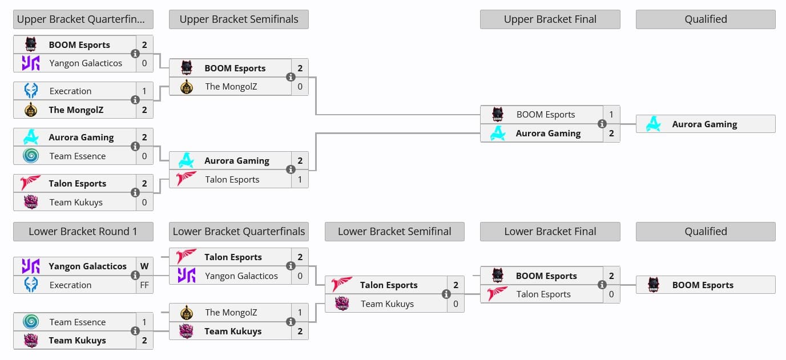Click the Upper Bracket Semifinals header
pos(239,19)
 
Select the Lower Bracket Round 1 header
pos(83,232)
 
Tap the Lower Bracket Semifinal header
pos(394,232)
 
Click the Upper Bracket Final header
pos(550,19)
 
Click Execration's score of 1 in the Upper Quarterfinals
pos(144,91)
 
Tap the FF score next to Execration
pos(144,285)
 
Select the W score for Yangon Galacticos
pos(144,266)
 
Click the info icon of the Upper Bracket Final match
pos(602,124)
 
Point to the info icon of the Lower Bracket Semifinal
pos(446,294)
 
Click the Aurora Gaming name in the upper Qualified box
pos(704,124)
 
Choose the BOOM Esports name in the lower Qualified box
pos(703,285)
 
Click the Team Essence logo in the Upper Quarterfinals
pos(31,156)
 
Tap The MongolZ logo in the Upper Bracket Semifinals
pos(187,87)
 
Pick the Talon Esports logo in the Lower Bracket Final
pos(498,294)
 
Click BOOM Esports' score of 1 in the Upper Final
pos(611,115)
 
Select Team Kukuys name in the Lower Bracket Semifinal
pos(387,304)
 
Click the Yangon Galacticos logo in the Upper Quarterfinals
pos(31,63)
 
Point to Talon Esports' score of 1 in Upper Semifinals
pos(300,180)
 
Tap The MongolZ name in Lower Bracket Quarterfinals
pos(231,313)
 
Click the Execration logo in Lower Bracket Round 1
pos(31,285)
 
